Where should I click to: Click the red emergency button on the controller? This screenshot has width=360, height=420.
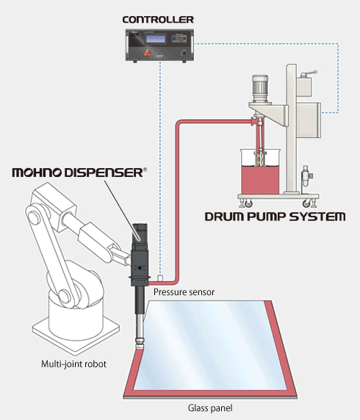[x=147, y=53]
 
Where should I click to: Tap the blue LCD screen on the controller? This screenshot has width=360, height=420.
[x=156, y=39]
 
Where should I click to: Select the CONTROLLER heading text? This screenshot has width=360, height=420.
[x=158, y=20]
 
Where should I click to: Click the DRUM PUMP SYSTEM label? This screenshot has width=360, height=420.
[x=275, y=217]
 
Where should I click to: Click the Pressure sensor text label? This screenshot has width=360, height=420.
[x=184, y=292]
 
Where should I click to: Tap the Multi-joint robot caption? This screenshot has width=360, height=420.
[x=73, y=364]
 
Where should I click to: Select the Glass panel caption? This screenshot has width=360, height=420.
[x=210, y=408]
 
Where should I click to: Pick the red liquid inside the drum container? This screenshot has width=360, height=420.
[x=260, y=179]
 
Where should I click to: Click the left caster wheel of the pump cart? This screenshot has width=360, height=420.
[x=248, y=204]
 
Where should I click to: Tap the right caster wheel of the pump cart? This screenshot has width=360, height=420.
[x=306, y=204]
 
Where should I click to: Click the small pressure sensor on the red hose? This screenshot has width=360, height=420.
[x=160, y=278]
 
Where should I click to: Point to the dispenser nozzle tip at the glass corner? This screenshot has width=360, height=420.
[x=140, y=347]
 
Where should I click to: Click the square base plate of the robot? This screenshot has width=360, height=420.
[x=76, y=333]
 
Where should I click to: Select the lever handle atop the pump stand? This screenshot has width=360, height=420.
[x=309, y=73]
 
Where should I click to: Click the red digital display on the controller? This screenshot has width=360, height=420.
[x=179, y=39]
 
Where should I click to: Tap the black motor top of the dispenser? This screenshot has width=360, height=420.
[x=140, y=233]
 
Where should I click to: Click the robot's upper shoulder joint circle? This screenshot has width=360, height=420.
[x=34, y=217]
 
